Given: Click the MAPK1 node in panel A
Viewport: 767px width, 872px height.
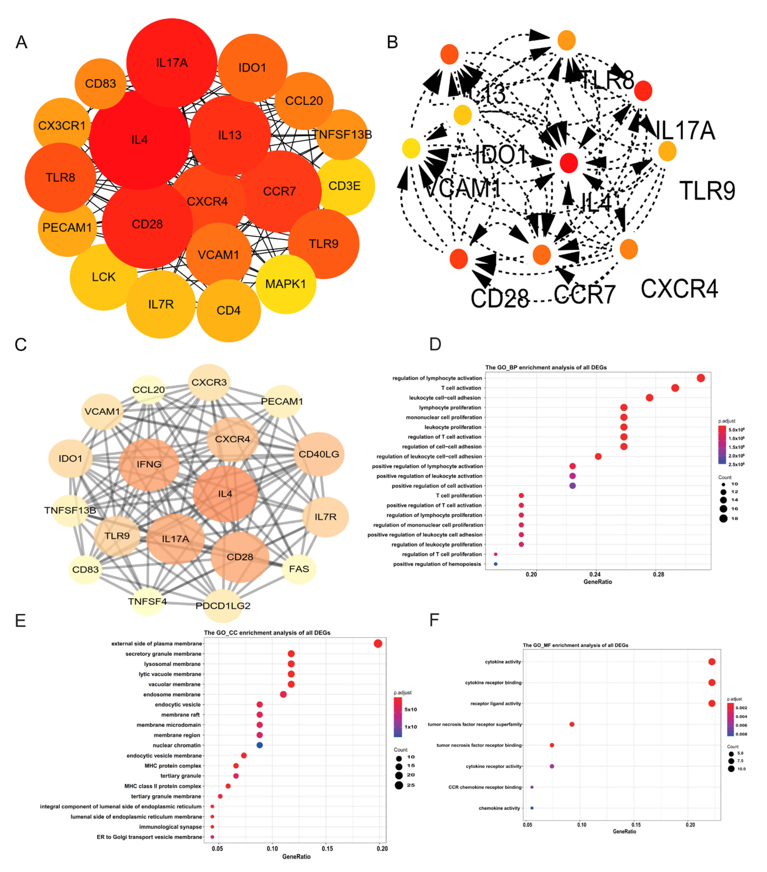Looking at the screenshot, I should coord(286,284).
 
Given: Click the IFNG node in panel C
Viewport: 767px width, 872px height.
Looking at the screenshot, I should coord(149,464).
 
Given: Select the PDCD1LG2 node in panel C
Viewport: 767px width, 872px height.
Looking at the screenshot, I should coord(223,605).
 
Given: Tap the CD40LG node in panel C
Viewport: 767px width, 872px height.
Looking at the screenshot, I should coord(319,454).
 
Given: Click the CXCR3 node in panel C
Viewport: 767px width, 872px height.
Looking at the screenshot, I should coord(209,382).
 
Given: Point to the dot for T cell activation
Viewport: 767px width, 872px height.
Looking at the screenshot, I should coord(675,388).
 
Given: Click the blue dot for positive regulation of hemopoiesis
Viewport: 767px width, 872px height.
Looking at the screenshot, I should coord(495,564).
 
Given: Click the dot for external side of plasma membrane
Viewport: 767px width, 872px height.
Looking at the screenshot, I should coord(378,643).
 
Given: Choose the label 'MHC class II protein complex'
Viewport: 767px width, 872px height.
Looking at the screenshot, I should coord(163,786).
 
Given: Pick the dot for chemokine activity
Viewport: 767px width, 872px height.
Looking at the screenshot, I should coord(532,808).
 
